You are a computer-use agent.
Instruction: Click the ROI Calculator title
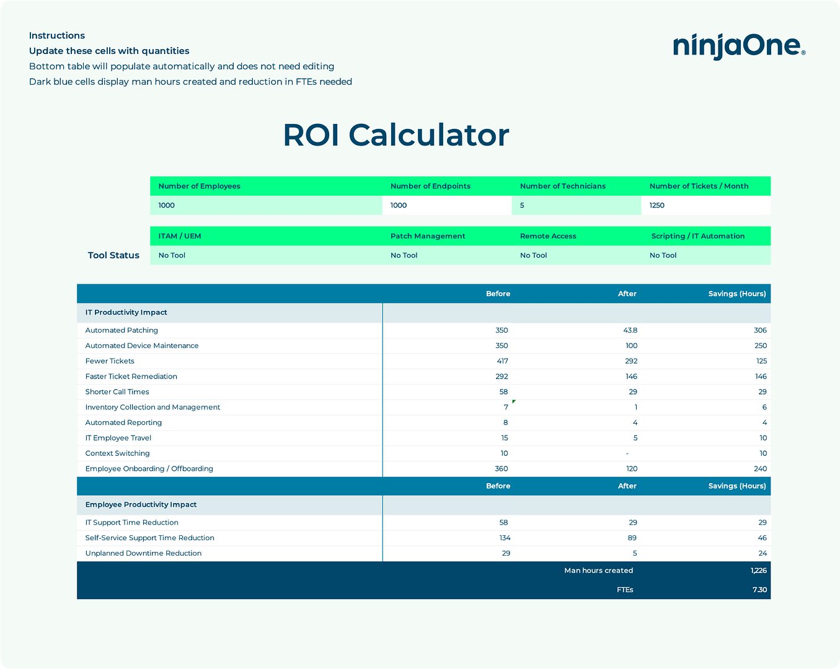pos(396,135)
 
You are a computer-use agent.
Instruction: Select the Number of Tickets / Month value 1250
pos(657,206)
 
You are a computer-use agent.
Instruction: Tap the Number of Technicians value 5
pos(522,206)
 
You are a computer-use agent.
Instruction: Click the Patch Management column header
pos(428,236)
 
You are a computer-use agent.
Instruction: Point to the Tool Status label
pos(113,255)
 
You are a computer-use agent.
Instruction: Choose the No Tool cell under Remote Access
pos(533,255)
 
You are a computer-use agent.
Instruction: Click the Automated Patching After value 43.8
pos(630,330)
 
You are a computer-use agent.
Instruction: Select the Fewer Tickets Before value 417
pos(502,361)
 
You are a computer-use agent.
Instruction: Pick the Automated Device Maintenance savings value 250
pos(761,346)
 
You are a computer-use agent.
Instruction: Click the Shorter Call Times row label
pos(117,392)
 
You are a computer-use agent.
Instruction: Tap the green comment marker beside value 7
pos(514,402)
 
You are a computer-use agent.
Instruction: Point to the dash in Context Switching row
pos(627,453)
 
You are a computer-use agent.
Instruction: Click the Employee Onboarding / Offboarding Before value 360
pos(502,469)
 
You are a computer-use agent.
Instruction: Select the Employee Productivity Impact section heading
pos(141,505)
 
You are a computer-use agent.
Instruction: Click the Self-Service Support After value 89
pos(632,538)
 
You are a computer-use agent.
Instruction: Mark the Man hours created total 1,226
pos(759,571)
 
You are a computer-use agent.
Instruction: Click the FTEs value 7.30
pos(760,590)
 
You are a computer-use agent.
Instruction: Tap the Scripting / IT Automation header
pos(697,236)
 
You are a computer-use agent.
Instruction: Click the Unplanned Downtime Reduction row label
pos(143,554)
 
